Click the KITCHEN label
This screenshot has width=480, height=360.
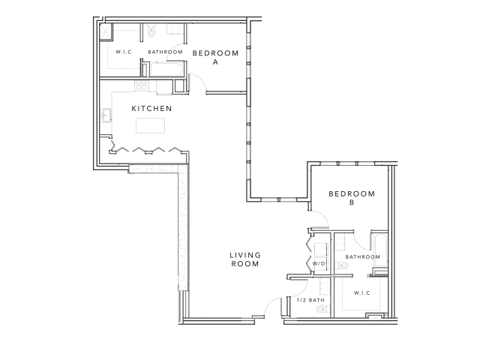(152, 109)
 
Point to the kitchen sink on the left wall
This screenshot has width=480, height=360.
(106, 115)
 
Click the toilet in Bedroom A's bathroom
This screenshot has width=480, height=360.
(151, 31)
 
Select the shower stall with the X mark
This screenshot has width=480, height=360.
(106, 31)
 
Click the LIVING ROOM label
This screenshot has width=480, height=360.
(244, 260)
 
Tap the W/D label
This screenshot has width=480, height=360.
(317, 264)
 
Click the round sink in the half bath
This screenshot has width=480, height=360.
(325, 286)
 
